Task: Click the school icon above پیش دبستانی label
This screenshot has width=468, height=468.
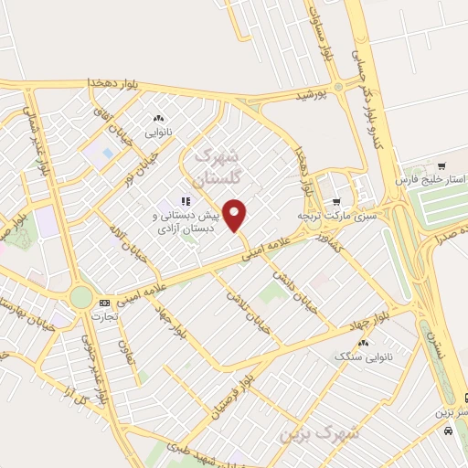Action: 184,200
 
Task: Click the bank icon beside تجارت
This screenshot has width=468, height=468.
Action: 103,303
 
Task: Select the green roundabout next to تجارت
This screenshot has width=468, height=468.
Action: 81,298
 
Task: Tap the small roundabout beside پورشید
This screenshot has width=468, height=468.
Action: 338,87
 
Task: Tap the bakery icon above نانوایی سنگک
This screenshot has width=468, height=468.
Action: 365,343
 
